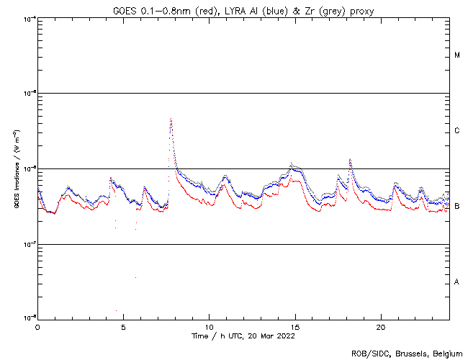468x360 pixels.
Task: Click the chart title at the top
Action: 242,10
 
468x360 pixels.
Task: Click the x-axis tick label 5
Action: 123,326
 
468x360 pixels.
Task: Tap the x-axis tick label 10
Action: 209,326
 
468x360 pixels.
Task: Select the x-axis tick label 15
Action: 295,326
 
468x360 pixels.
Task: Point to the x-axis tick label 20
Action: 381,326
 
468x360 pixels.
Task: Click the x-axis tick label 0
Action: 37,326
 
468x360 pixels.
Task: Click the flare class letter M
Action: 457,55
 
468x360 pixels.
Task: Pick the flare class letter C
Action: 457,131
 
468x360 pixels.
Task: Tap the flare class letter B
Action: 457,207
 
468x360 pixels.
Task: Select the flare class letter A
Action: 457,282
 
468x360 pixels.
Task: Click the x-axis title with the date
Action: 243,336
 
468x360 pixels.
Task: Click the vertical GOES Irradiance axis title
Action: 14,168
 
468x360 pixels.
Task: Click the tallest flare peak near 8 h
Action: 171,120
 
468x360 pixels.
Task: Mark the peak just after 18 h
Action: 350,160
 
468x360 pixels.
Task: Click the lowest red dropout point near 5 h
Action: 116,311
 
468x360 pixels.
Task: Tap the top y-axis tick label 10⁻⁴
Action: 29,19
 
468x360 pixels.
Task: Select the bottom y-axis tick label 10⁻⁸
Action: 29,318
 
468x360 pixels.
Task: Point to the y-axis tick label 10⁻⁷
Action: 29,243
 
